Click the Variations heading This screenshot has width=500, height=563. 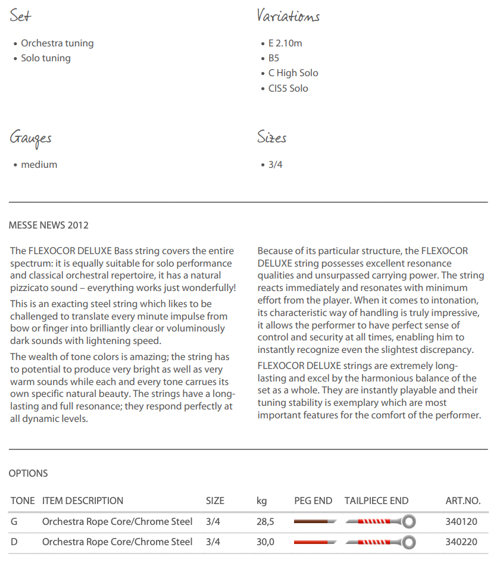click(288, 16)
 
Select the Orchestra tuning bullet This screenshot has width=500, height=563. click(57, 43)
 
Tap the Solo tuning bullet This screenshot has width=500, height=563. click(46, 58)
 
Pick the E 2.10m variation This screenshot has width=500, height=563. click(285, 43)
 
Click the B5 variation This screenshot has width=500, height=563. click(273, 58)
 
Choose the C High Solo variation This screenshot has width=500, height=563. click(293, 73)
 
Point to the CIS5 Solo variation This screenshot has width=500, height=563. click(288, 88)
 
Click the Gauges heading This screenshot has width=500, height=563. click(30, 138)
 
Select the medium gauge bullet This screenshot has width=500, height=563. click(39, 164)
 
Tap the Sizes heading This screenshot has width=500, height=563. click(272, 138)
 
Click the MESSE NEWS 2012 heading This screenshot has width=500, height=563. click(49, 225)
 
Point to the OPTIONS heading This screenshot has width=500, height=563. click(28, 473)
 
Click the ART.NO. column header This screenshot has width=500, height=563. click(462, 501)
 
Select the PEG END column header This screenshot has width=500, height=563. click(313, 501)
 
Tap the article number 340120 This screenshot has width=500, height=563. click(461, 521)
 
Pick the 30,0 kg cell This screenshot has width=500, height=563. click(265, 542)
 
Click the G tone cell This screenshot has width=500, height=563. click(14, 521)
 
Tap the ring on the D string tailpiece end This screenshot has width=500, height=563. click(408, 542)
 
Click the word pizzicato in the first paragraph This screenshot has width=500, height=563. click(32, 287)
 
